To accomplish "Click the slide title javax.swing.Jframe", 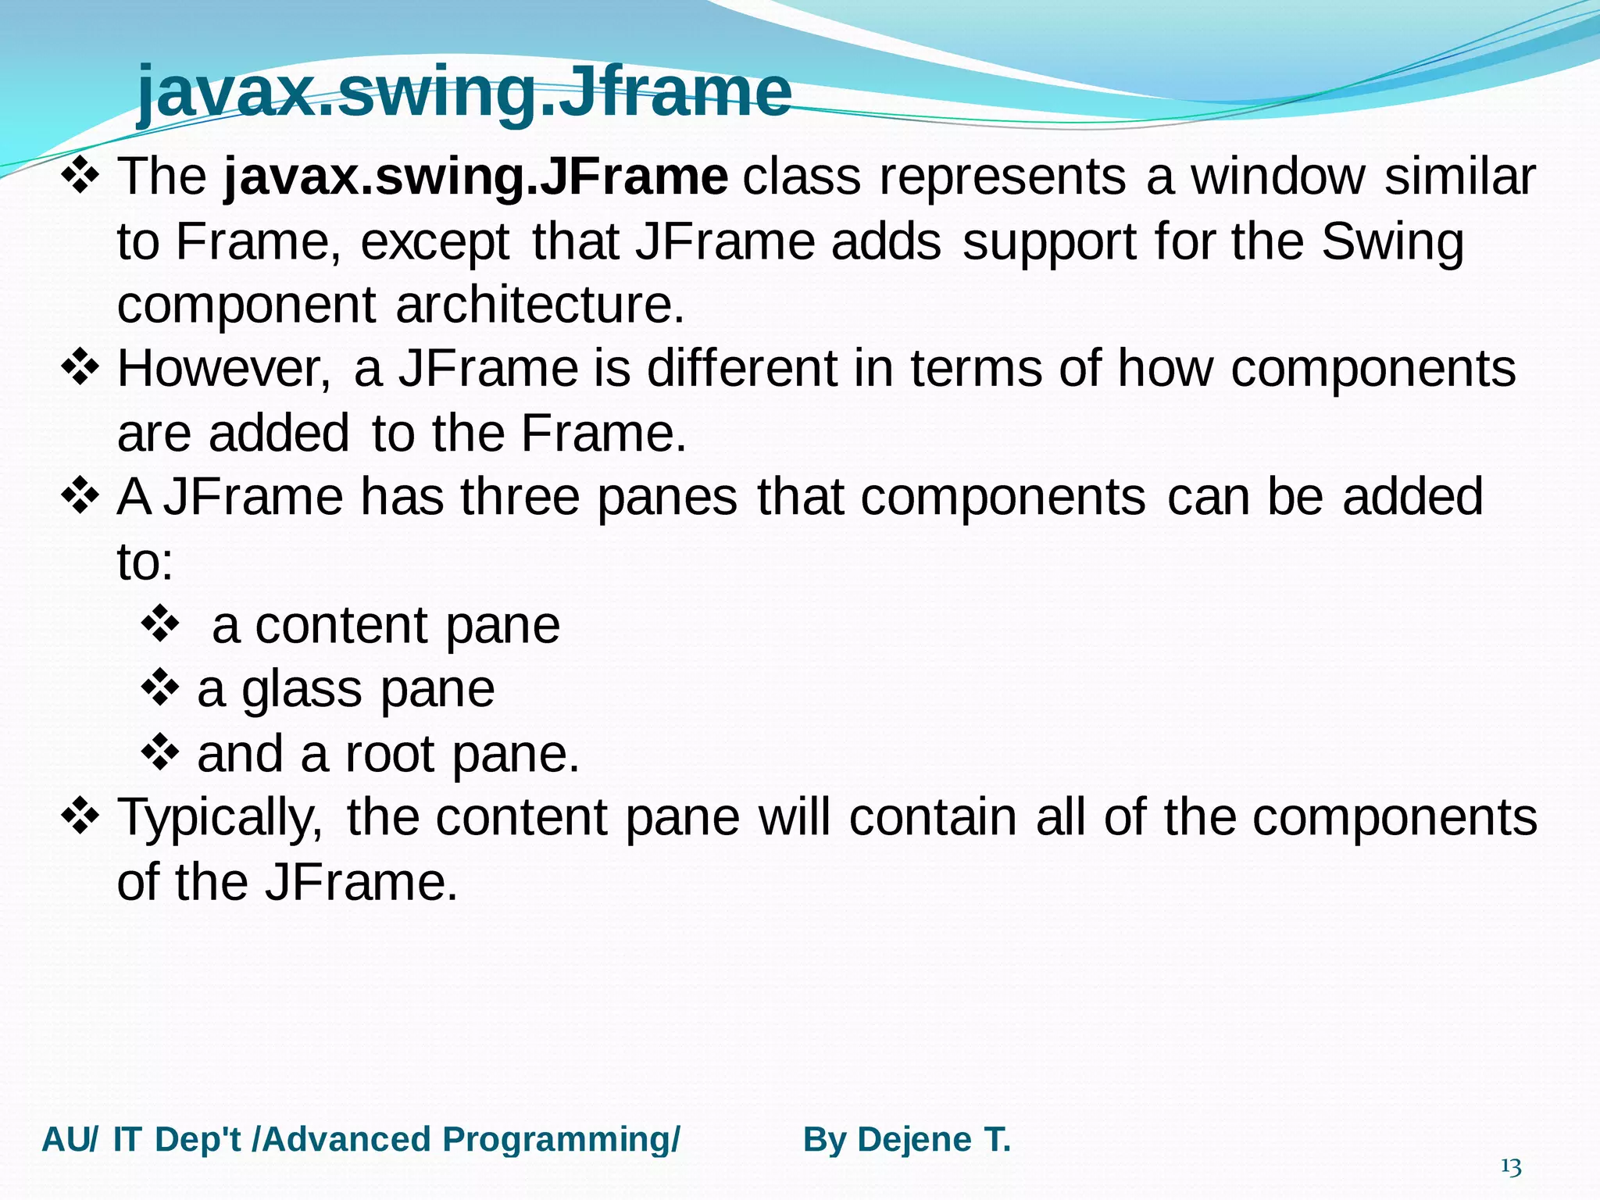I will tap(464, 92).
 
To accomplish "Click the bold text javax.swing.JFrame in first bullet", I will tap(476, 177).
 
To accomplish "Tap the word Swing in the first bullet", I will tap(1392, 242).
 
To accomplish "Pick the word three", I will tap(520, 497).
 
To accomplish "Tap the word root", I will tap(390, 755).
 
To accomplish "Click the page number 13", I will tap(1511, 1168).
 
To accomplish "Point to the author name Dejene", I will tap(915, 1140).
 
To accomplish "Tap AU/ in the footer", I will tap(70, 1140).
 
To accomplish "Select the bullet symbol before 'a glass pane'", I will tap(161, 687).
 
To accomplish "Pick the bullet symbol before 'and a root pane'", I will tap(161, 752).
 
